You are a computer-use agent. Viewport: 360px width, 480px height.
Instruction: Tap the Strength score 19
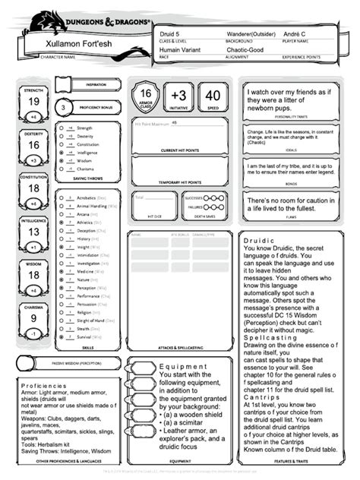tap(33, 102)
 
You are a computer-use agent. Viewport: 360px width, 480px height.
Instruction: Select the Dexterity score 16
tap(33, 145)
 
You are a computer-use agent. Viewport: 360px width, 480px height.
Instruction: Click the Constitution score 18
tap(33, 188)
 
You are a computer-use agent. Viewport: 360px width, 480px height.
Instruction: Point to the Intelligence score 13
tap(33, 232)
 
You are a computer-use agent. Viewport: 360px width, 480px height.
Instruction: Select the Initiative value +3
tap(178, 96)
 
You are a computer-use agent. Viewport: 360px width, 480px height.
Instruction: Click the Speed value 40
tap(213, 96)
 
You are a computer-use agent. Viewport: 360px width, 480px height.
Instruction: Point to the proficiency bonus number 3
tap(62, 109)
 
